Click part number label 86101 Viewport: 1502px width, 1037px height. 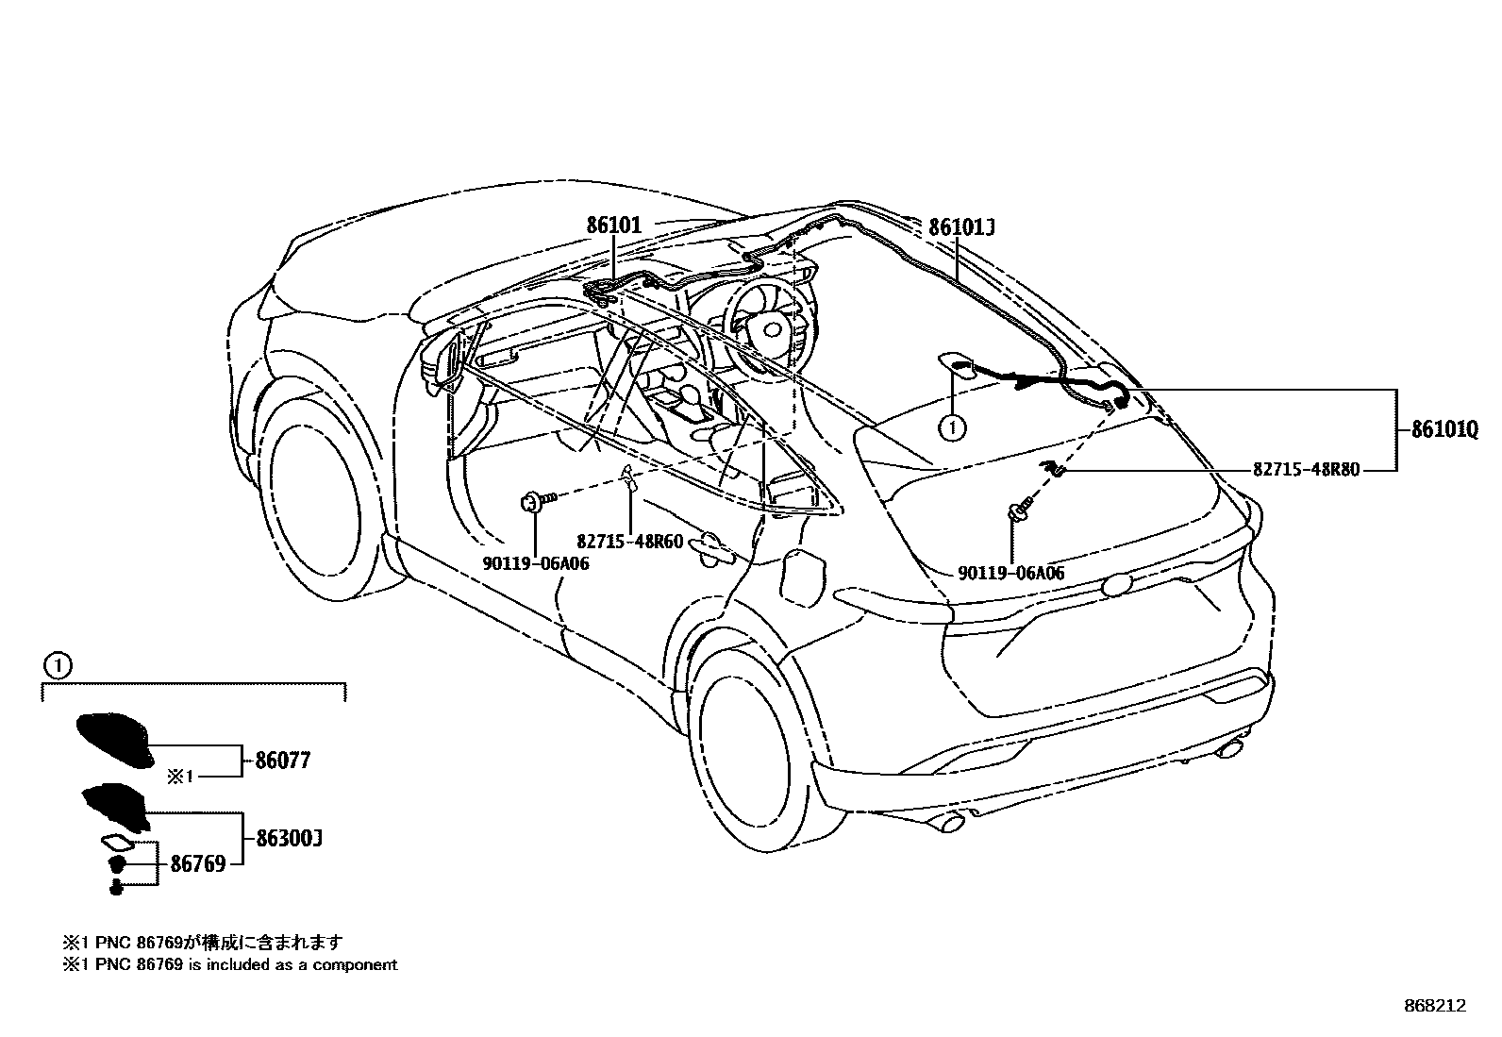click(613, 226)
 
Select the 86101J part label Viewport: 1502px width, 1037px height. click(961, 227)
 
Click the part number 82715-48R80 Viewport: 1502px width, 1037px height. click(1307, 469)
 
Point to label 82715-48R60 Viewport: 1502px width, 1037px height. click(630, 543)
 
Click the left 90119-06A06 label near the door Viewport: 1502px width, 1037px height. click(536, 563)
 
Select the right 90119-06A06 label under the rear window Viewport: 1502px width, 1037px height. click(1010, 573)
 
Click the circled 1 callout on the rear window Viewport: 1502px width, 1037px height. click(952, 427)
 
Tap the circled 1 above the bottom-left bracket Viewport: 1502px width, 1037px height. click(58, 666)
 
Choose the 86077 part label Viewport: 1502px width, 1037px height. click(282, 761)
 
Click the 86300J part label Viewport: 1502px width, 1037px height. click(289, 838)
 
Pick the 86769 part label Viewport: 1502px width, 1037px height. click(198, 863)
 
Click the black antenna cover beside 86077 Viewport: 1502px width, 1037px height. click(114, 740)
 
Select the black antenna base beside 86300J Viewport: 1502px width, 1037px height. click(116, 806)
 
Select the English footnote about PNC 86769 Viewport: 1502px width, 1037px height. click(230, 965)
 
